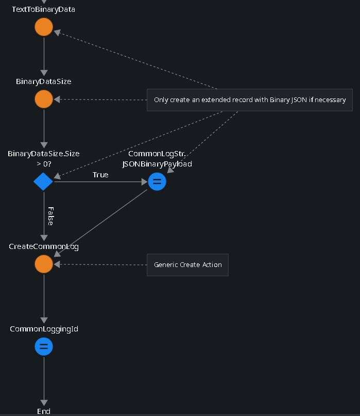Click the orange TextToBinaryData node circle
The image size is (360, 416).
[x=44, y=27]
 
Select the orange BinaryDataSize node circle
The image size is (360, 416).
[x=44, y=99]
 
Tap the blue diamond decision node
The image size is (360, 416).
[x=43, y=181]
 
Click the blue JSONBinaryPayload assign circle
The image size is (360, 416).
[x=157, y=181]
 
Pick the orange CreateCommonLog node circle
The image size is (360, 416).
[x=44, y=264]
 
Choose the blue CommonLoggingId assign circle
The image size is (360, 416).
[x=44, y=346]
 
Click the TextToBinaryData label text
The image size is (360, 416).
[x=44, y=9]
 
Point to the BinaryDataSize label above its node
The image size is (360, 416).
[x=44, y=81]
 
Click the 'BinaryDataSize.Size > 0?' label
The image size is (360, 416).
[x=44, y=159]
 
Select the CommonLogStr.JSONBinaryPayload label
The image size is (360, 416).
[x=157, y=159]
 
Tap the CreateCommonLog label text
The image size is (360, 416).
[x=44, y=246]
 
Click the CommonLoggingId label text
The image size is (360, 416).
[x=44, y=329]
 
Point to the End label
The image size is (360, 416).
[x=44, y=411]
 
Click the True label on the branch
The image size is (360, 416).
[x=100, y=175]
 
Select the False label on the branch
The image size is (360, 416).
[x=50, y=215]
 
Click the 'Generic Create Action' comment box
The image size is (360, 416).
[x=187, y=265]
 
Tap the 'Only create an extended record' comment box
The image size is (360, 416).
[x=250, y=100]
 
